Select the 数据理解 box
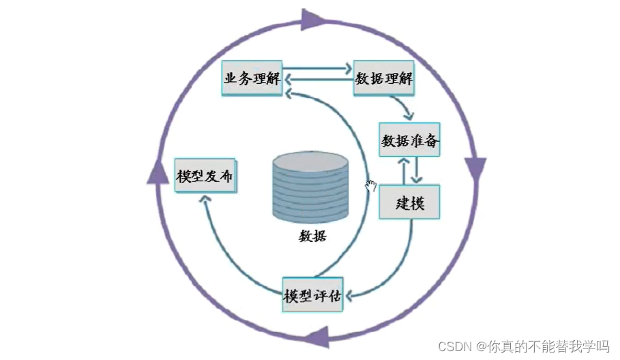[x=384, y=78]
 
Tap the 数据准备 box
[x=410, y=142]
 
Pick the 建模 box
[x=409, y=202]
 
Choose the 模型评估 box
[x=312, y=295]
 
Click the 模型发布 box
[x=205, y=176]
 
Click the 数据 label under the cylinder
[x=312, y=237]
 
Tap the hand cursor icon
[x=371, y=185]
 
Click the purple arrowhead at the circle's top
[x=311, y=20]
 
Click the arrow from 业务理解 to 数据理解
[x=318, y=69]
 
